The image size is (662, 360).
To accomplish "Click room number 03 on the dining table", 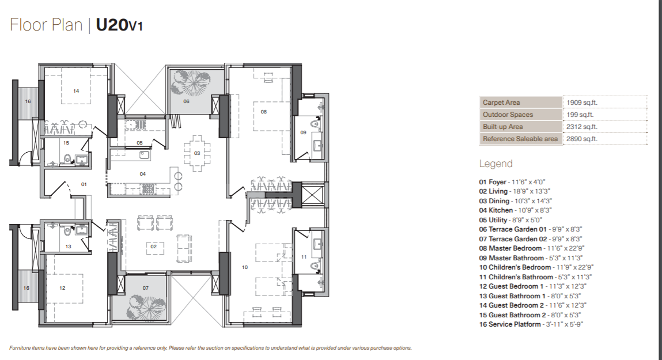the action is [x=196, y=153].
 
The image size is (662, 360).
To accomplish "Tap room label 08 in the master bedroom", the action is [x=263, y=112].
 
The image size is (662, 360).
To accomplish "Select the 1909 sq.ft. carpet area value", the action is [x=582, y=103].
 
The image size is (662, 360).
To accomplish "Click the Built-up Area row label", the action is [x=503, y=127].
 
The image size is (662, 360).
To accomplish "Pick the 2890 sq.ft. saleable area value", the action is [x=582, y=139].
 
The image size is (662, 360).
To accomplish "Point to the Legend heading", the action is [x=495, y=164].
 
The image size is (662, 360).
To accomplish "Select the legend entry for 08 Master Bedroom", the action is [x=532, y=248].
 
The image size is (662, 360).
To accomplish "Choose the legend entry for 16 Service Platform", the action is [x=531, y=324].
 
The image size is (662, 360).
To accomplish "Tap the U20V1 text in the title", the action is [x=119, y=25].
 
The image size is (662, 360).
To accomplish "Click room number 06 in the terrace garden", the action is [x=186, y=101].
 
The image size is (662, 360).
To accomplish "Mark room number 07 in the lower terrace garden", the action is [x=145, y=288].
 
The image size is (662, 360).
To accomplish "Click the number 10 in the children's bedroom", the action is [x=245, y=267].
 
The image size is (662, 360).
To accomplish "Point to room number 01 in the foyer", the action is [x=84, y=184].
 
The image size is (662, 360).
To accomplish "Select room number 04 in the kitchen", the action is [x=143, y=174].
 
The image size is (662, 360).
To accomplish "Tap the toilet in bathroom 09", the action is [x=315, y=124].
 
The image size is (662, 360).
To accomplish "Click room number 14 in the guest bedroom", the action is [x=76, y=91].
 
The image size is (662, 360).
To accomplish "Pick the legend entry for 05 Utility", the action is [x=510, y=220].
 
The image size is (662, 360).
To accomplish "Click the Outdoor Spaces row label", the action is [x=508, y=115].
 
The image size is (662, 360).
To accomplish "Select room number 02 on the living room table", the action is [x=154, y=247].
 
